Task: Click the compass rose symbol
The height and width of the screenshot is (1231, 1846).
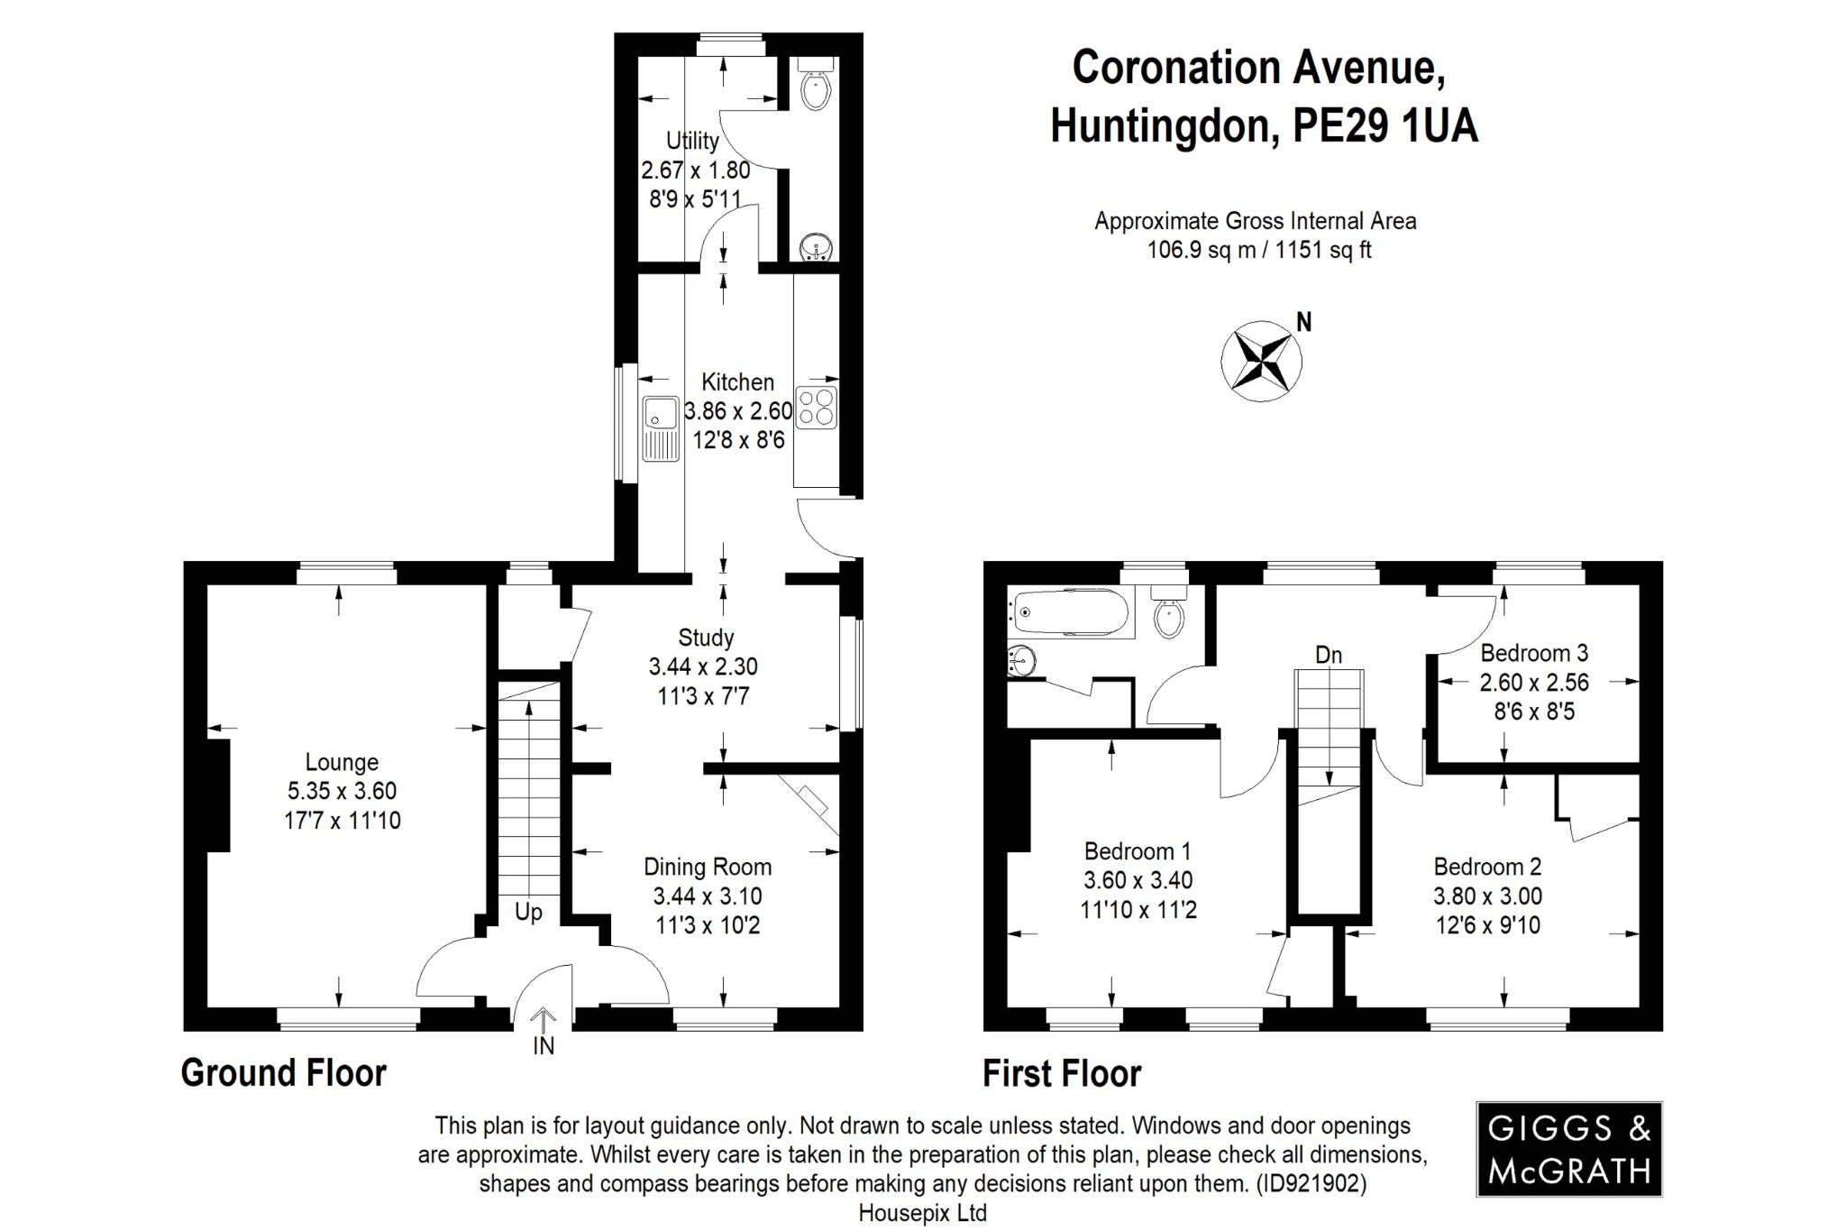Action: (x=1261, y=361)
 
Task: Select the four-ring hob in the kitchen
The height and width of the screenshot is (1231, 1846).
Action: (x=817, y=407)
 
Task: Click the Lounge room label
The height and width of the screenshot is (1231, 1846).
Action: (x=342, y=762)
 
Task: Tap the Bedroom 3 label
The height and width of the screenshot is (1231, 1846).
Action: (x=1534, y=653)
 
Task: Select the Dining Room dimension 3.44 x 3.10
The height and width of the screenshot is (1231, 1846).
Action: (x=708, y=896)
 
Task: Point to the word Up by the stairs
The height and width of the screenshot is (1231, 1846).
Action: (x=528, y=912)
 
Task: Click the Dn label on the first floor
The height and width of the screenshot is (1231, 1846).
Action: (x=1329, y=655)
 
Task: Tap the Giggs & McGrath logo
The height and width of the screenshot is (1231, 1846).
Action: (x=1568, y=1149)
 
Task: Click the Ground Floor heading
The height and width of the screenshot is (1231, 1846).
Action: (x=284, y=1073)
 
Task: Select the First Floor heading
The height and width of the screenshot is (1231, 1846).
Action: (x=1062, y=1074)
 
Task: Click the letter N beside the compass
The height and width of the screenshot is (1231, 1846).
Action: (x=1303, y=322)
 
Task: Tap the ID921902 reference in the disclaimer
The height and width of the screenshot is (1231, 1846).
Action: (x=1311, y=1183)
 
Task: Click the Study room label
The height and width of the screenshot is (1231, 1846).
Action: (x=706, y=638)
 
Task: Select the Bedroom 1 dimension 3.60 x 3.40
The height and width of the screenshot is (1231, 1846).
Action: (x=1138, y=880)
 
